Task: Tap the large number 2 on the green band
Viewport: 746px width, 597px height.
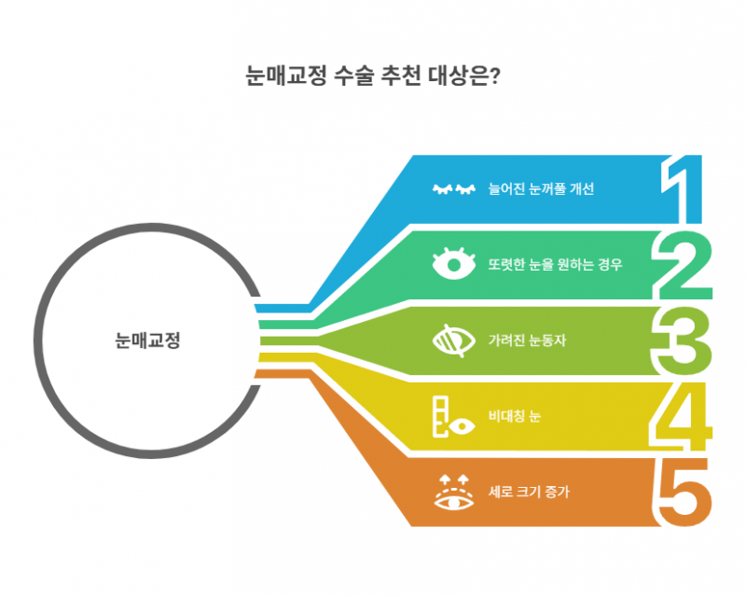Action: [x=683, y=265]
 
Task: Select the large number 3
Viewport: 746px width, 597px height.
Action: [x=682, y=341]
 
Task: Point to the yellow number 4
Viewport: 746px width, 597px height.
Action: [x=681, y=418]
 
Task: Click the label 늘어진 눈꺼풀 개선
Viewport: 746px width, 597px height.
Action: [x=541, y=189]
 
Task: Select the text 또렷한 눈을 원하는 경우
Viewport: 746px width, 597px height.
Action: [x=555, y=264]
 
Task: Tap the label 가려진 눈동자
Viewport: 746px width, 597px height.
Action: [x=527, y=340]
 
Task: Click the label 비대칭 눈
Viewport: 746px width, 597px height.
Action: [x=515, y=416]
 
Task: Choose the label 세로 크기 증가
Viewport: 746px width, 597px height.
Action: [x=529, y=492]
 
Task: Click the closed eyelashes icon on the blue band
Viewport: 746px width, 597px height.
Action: [x=454, y=189]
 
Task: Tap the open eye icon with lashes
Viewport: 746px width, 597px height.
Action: [x=454, y=263]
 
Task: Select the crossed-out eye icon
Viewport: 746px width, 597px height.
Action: [x=454, y=340]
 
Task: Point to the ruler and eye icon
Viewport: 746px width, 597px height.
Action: [x=453, y=418]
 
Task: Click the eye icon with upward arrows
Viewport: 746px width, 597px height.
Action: [x=454, y=493]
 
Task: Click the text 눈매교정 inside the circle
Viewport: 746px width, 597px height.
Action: [x=147, y=340]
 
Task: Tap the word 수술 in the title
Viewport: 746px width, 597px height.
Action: [x=353, y=76]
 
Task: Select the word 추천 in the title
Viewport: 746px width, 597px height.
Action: [x=401, y=76]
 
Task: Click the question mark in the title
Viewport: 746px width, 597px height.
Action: [x=494, y=76]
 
